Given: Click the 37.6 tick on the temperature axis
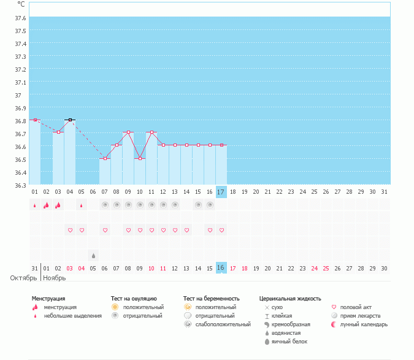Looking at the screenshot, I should pyautogui.click(x=20, y=18).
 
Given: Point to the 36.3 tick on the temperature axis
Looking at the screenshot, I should pyautogui.click(x=20, y=185).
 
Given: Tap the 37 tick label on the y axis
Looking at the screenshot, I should pyautogui.click(x=18, y=95).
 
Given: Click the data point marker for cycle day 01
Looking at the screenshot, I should pyautogui.click(x=35, y=120).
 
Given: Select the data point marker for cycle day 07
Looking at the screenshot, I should pyautogui.click(x=105, y=158).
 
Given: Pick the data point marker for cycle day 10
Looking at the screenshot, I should pyautogui.click(x=140, y=158).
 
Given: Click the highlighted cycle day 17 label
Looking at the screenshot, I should pyautogui.click(x=221, y=192).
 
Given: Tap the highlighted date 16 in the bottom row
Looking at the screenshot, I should pyautogui.click(x=221, y=268).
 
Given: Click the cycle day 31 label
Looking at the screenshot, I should pyautogui.click(x=384, y=192).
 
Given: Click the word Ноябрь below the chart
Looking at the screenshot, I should pyautogui.click(x=55, y=278).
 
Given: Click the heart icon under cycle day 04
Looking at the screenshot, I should pyautogui.click(x=70, y=231).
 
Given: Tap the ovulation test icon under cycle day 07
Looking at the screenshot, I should pyautogui.click(x=105, y=205).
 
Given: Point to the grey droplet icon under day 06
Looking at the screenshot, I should pyautogui.click(x=93, y=255).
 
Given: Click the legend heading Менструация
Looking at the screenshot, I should pyautogui.click(x=48, y=299).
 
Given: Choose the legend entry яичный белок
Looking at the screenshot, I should pyautogui.click(x=285, y=341).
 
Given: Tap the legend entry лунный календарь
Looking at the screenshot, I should pyautogui.click(x=364, y=324).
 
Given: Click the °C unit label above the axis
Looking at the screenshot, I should pyautogui.click(x=21, y=4).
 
